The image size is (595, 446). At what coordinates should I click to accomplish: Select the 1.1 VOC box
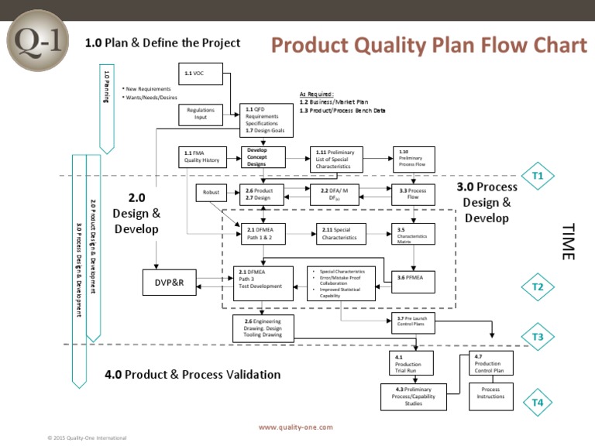[203, 76]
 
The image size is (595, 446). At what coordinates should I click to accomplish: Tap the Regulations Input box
[201, 114]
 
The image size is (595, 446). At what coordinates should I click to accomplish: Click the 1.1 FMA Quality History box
[202, 157]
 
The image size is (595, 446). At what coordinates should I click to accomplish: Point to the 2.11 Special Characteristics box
[341, 234]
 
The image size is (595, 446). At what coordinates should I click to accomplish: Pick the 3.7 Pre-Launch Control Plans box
[416, 322]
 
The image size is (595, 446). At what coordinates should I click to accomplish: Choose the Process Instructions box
[490, 393]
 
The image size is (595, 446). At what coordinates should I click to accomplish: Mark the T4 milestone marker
[538, 402]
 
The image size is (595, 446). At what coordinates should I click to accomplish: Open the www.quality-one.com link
[295, 427]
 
